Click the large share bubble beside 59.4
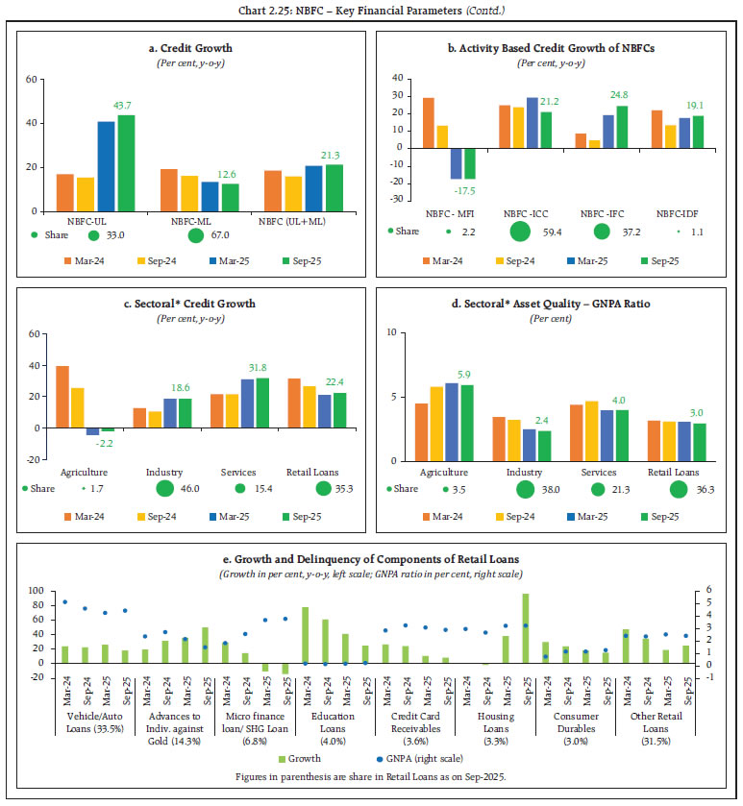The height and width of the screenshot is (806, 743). pyautogui.click(x=520, y=232)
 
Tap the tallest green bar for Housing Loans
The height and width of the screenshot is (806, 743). pyautogui.click(x=526, y=627)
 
